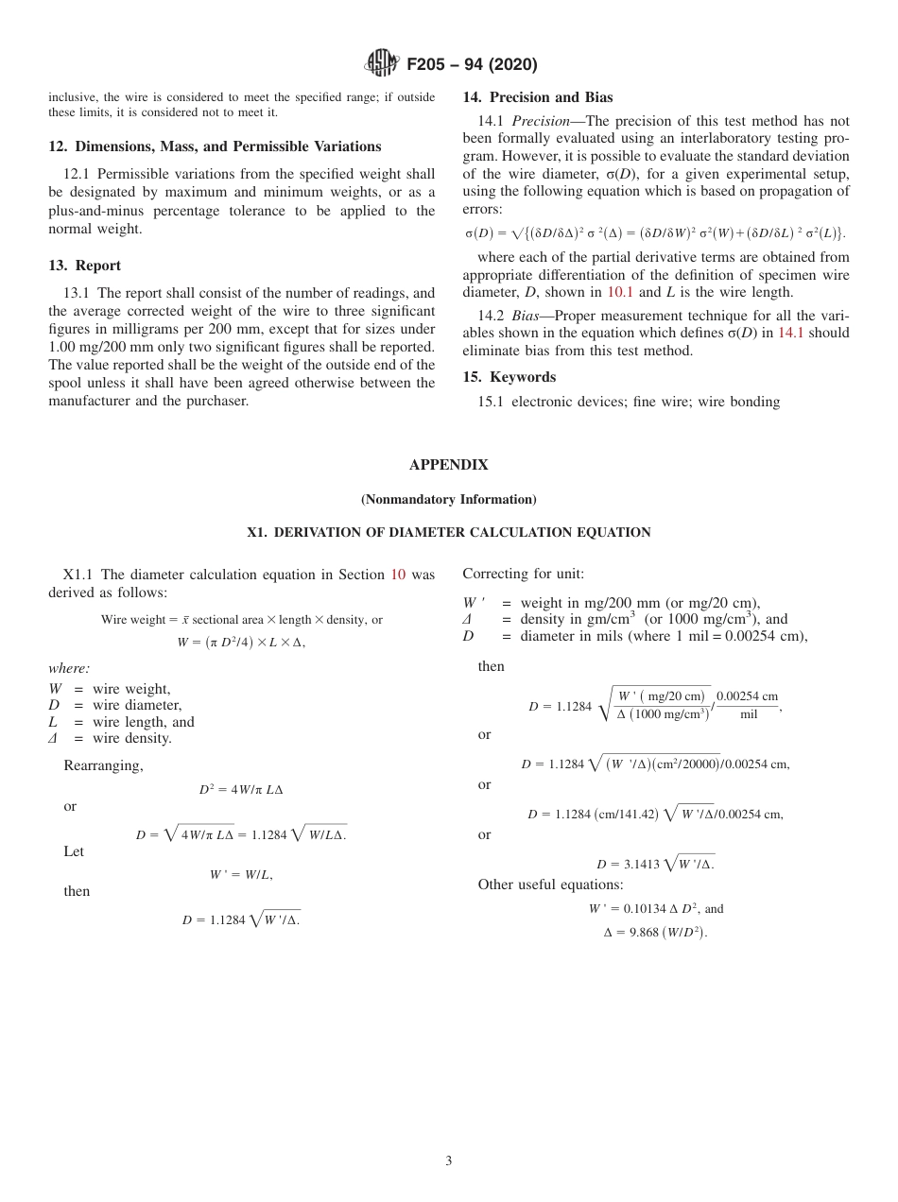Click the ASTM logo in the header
[x=382, y=64]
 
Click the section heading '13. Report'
[x=84, y=266]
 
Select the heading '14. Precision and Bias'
[x=537, y=97]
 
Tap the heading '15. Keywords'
[x=509, y=377]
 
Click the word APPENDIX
[x=448, y=465]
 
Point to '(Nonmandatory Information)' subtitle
[x=448, y=499]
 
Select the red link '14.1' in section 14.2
[x=792, y=333]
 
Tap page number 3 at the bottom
[x=448, y=1161]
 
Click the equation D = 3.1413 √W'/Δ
[x=655, y=864]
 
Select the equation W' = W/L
[x=241, y=875]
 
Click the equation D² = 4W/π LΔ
[x=241, y=789]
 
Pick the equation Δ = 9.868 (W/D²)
[x=655, y=932]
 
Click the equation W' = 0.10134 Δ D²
[x=655, y=908]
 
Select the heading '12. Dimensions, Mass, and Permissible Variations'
[x=215, y=146]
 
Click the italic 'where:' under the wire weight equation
[x=69, y=668]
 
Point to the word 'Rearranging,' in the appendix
[x=103, y=765]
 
